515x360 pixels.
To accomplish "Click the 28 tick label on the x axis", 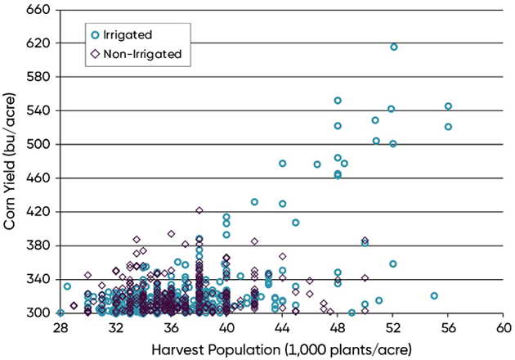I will (60, 328).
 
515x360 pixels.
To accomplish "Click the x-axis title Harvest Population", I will (280, 348).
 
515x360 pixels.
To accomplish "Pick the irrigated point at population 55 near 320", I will (434, 295).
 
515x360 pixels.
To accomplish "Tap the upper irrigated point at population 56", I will (448, 106).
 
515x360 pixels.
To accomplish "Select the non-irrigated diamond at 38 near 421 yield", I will (199, 210).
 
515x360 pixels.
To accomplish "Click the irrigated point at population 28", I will (60, 313).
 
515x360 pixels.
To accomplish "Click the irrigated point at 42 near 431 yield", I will (254, 202).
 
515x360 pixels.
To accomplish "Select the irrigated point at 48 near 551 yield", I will (338, 101).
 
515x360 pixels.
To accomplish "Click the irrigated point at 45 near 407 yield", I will (295, 223).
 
